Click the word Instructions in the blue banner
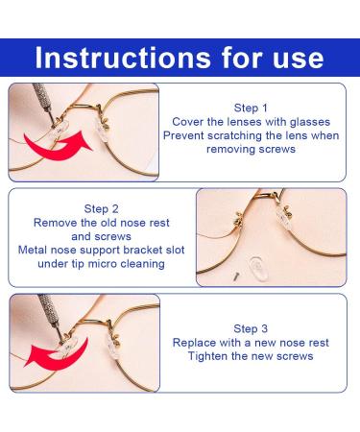[x=123, y=58]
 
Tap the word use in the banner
[x=298, y=60]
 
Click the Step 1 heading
[x=251, y=108]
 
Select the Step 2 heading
[x=101, y=209]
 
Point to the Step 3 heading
[x=251, y=328]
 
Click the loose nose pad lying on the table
[x=256, y=269]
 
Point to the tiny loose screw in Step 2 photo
[x=236, y=276]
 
